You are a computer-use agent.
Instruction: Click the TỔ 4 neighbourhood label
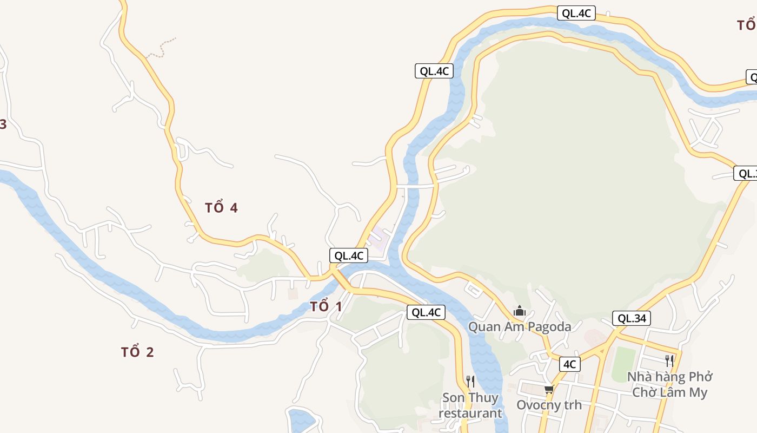(221, 207)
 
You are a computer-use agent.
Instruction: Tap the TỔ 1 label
(326, 306)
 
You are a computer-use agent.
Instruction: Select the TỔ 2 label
(137, 352)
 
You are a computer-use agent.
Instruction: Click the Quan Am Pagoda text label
(519, 326)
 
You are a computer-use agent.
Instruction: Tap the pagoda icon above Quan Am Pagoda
(520, 311)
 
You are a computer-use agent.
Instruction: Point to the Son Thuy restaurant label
(470, 405)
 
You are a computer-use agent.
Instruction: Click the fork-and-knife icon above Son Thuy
(470, 381)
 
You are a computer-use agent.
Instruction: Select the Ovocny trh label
(549, 405)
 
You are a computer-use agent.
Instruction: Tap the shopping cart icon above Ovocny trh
(549, 389)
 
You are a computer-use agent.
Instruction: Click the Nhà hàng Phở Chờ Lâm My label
(669, 384)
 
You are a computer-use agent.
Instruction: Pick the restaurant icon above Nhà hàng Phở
(669, 360)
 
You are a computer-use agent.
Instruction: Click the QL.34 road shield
(632, 318)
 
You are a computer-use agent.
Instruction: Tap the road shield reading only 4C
(569, 364)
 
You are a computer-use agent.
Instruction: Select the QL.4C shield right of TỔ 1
(426, 312)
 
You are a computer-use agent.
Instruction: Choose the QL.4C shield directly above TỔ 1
(349, 255)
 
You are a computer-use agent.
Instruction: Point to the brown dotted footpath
(162, 47)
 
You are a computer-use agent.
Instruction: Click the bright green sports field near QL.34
(624, 364)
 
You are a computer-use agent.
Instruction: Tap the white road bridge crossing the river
(416, 186)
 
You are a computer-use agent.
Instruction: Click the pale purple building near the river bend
(377, 238)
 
